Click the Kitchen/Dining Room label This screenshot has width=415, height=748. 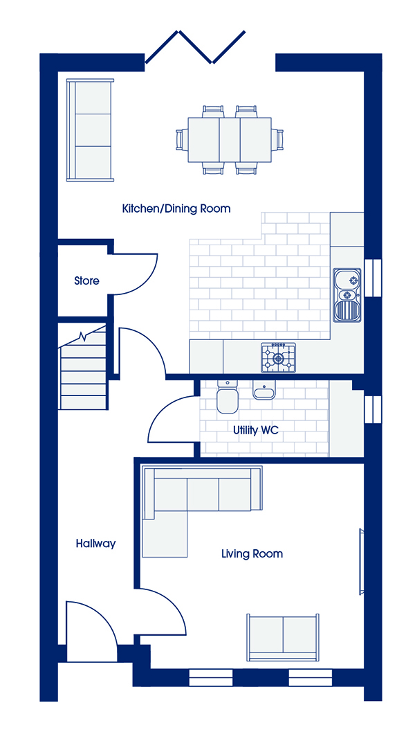[x=176, y=208]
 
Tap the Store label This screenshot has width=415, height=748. [x=86, y=280]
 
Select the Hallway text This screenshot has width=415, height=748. [x=95, y=544]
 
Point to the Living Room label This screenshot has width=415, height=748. [x=252, y=554]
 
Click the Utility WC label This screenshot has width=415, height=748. [x=255, y=430]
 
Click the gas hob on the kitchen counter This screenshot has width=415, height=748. [x=278, y=357]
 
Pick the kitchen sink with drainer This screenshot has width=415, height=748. [x=347, y=295]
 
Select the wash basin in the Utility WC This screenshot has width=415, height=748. [x=264, y=390]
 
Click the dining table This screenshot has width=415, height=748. [x=230, y=140]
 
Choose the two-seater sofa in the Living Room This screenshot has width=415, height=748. [x=282, y=637]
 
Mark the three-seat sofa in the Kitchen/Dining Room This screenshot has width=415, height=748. [x=90, y=130]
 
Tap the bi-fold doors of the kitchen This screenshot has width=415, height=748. [x=195, y=47]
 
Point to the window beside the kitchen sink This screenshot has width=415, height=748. [x=373, y=276]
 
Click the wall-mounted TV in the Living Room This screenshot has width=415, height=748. [x=361, y=561]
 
